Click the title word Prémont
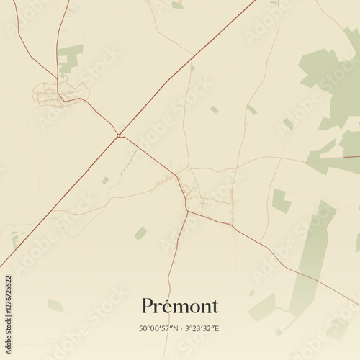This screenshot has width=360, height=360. pyautogui.click(x=180, y=305)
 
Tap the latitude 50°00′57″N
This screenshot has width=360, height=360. pyautogui.click(x=159, y=328)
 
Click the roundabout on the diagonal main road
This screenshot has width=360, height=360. pyautogui.click(x=118, y=135)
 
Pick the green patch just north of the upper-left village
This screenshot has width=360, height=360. pyautogui.click(x=70, y=58)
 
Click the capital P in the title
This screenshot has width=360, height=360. pyautogui.click(x=148, y=305)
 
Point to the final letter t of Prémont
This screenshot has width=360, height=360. pyautogui.click(x=215, y=306)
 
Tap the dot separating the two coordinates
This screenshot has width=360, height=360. pyautogui.click(x=181, y=328)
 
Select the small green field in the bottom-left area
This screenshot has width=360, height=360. pyautogui.click(x=55, y=305)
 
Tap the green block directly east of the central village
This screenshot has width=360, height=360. pyautogui.click(x=281, y=200)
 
